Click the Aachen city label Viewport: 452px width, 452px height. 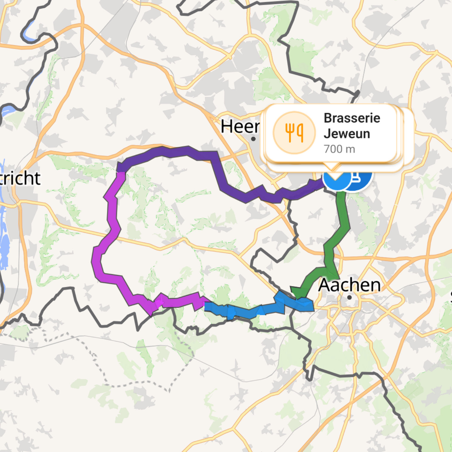coord(349,285)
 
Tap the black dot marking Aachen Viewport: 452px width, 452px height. coord(349,297)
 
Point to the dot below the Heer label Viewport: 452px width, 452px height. coord(253,139)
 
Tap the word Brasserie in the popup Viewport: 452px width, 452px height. coord(352,118)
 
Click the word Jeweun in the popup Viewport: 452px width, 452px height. coord(347,134)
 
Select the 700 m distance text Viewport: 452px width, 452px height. coord(339,149)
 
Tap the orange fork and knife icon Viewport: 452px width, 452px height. coord(294,132)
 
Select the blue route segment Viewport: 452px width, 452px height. coord(254,311)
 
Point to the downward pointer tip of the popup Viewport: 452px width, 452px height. coord(333,169)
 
